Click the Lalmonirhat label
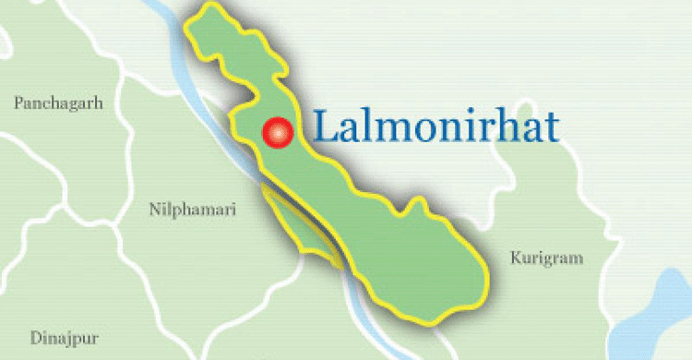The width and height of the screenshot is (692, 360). [435, 126]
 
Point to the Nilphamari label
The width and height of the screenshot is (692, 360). [192, 210]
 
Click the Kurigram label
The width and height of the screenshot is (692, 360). [546, 258]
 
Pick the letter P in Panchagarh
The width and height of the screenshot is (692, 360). [18, 103]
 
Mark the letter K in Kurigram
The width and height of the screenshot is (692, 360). [516, 258]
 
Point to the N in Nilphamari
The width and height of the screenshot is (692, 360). [154, 210]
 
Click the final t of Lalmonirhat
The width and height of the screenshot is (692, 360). [553, 127]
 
